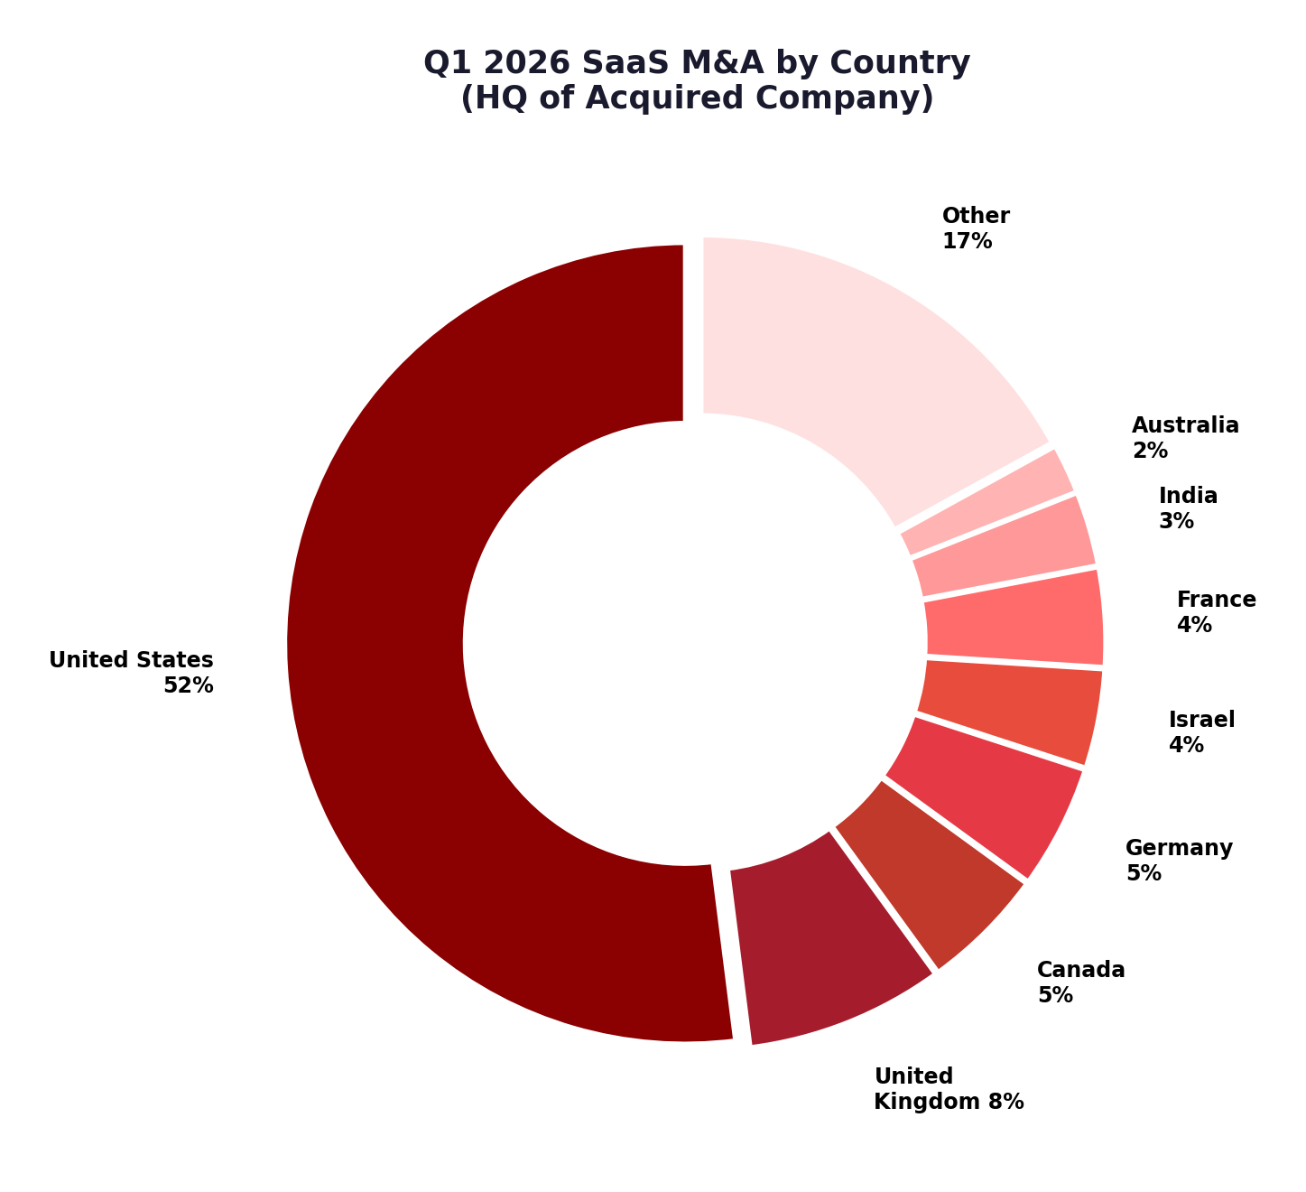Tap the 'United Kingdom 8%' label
click(x=948, y=1089)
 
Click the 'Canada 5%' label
click(x=1080, y=982)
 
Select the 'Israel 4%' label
click(x=1201, y=732)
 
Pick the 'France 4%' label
click(x=1216, y=612)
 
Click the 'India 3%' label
click(x=1188, y=508)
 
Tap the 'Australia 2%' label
click(x=1185, y=438)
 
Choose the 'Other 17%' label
click(x=976, y=228)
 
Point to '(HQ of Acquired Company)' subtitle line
click(x=697, y=98)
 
